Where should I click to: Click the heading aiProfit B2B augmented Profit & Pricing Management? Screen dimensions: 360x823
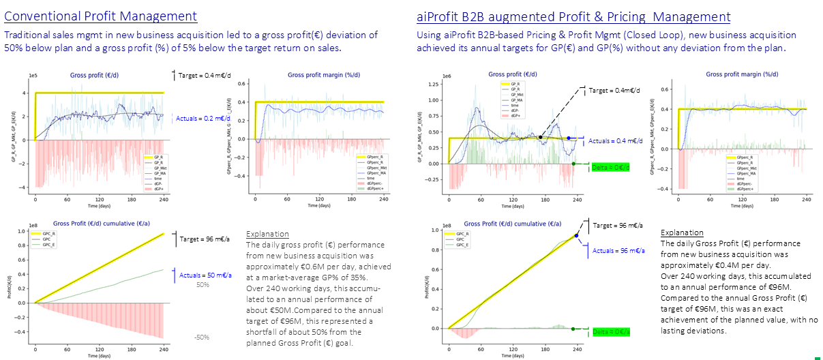point(573,16)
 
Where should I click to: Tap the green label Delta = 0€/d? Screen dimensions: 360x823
point(609,167)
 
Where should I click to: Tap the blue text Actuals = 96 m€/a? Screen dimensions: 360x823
point(618,251)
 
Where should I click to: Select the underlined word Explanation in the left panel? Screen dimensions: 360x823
point(267,234)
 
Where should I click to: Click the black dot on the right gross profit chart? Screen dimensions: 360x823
point(541,137)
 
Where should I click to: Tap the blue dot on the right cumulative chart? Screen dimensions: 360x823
point(577,235)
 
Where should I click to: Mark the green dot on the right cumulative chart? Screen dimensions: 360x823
point(573,329)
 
